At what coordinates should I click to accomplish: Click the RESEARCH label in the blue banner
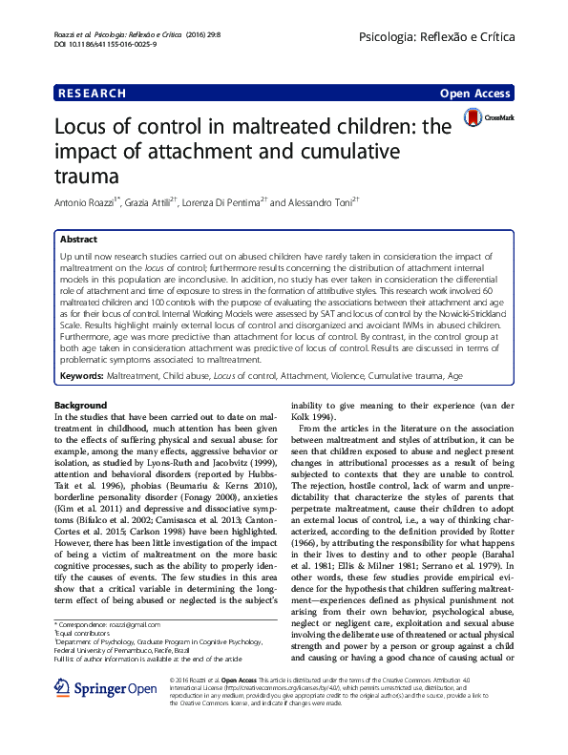[92, 94]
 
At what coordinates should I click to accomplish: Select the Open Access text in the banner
[475, 94]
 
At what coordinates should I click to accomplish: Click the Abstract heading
[78, 239]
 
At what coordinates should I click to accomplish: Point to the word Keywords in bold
[80, 351]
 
